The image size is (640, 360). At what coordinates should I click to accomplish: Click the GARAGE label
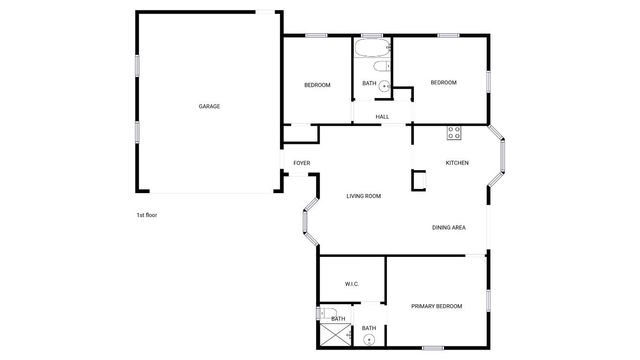(209, 106)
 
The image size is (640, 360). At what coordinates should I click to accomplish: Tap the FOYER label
(301, 163)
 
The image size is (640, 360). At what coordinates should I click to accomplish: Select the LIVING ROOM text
(364, 196)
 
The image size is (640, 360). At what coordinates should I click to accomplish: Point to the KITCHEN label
(457, 163)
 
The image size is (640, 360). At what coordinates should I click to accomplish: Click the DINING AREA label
(449, 228)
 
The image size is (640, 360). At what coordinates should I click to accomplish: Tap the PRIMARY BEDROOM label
(436, 305)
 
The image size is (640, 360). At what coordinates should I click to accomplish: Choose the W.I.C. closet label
(352, 285)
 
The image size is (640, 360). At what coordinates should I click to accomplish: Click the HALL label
(382, 117)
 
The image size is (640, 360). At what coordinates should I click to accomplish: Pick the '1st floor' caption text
(147, 215)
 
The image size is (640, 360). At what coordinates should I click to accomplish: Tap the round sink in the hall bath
(383, 85)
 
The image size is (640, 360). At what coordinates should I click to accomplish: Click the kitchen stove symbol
(454, 130)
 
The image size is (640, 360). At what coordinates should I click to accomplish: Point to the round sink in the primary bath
(370, 340)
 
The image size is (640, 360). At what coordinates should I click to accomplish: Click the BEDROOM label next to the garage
(317, 85)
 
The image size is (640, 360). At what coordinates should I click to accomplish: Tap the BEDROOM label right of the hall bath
(443, 82)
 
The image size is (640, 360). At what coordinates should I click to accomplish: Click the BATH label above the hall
(368, 84)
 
